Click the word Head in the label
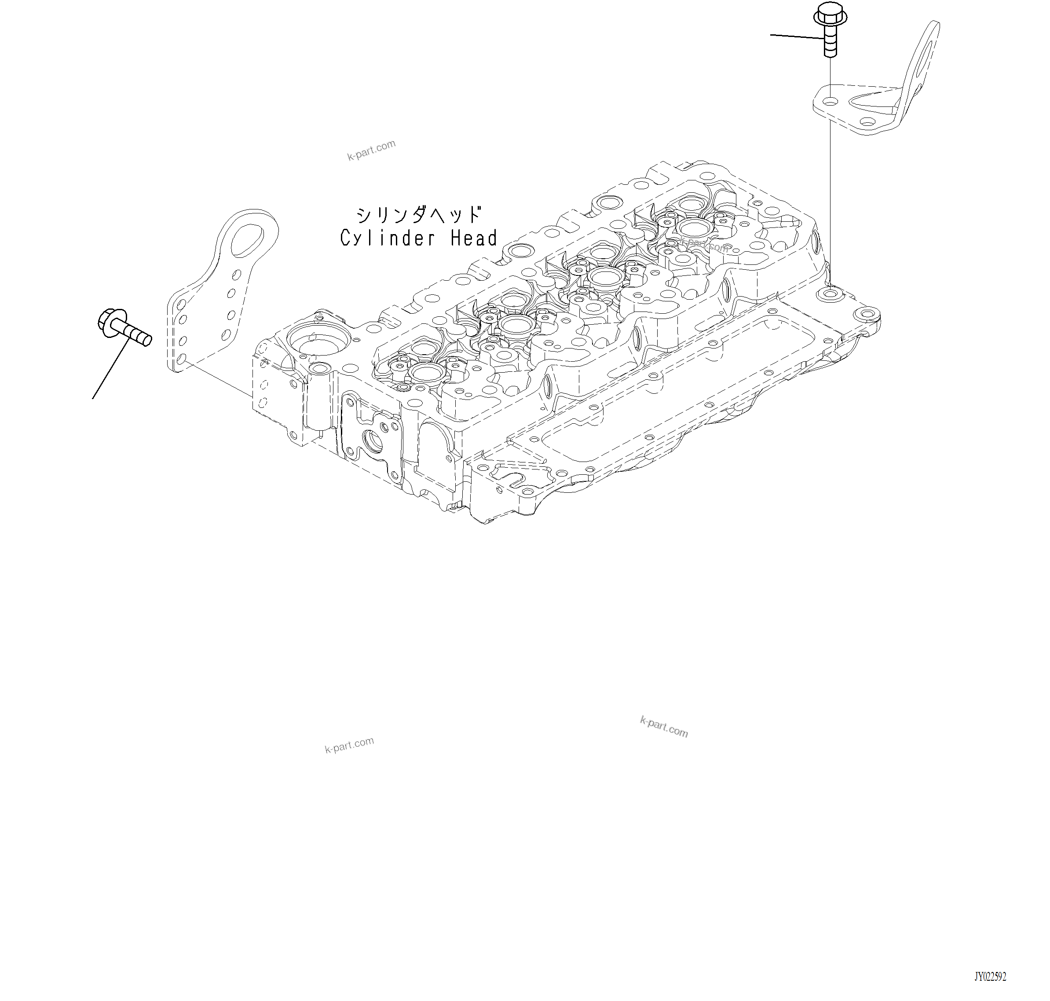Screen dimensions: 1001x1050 pos(473,238)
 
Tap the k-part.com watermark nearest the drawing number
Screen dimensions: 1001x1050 pos(664,727)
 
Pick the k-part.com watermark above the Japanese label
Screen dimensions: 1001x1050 pos(371,150)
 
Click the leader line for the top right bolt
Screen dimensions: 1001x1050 pos(795,36)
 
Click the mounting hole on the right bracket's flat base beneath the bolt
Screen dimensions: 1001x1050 pos(830,101)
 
